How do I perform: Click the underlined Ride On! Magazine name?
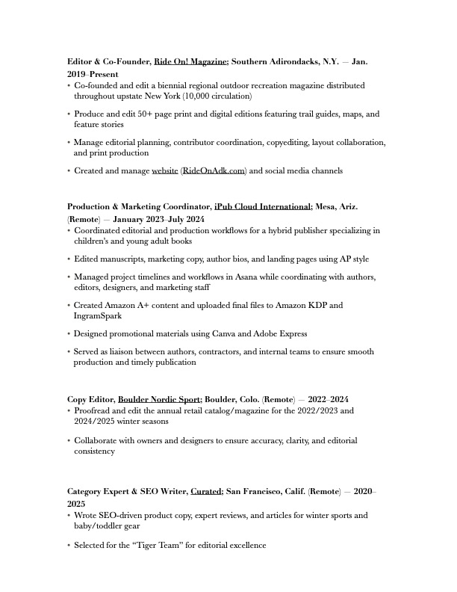click(190, 61)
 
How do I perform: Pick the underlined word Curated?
click(206, 492)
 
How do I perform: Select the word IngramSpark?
click(97, 316)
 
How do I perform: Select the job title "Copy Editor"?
click(90, 399)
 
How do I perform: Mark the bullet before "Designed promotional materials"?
click(69, 334)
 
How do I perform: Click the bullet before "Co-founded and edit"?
click(69, 86)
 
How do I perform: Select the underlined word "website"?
click(165, 171)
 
